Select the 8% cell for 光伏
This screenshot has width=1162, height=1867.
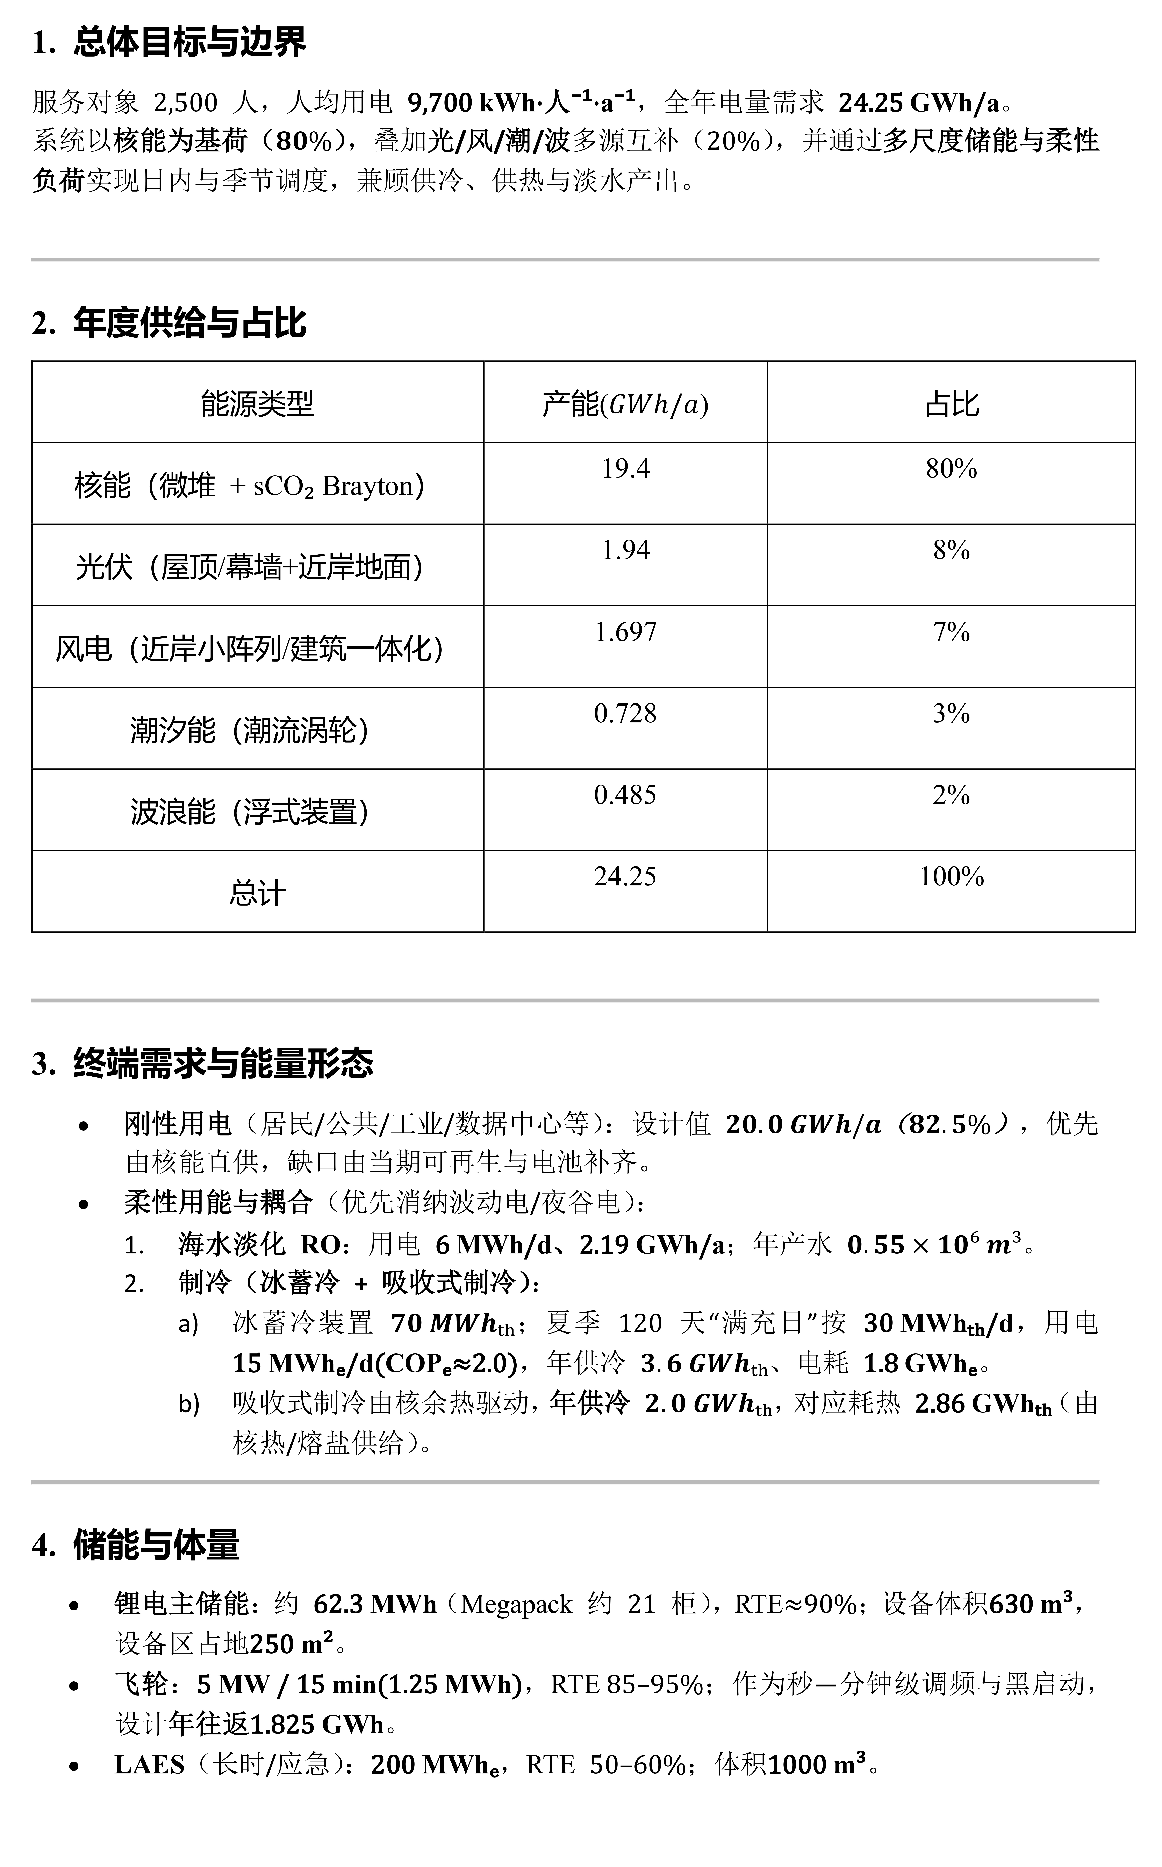coord(951,550)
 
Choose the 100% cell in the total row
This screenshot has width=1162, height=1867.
coord(951,876)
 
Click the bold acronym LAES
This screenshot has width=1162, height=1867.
coord(149,1764)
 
